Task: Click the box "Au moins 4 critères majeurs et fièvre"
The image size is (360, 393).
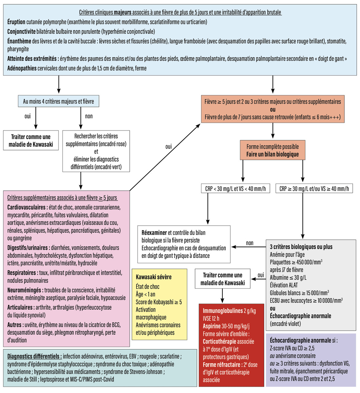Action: tap(59, 101)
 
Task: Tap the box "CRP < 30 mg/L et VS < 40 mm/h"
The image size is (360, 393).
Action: tap(236, 189)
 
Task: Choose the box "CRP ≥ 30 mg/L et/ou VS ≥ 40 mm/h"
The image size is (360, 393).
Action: tap(314, 189)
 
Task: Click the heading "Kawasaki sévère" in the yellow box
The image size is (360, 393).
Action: tap(154, 277)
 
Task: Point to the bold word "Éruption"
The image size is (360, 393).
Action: tap(16, 22)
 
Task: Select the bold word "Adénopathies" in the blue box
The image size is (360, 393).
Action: tap(22, 68)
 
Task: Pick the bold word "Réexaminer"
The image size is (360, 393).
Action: tap(154, 233)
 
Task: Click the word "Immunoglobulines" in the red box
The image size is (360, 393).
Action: tap(223, 311)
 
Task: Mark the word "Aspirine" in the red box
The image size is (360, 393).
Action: tap(212, 326)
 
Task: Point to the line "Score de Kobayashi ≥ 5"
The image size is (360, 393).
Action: tap(159, 302)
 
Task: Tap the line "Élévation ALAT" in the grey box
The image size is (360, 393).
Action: tap(284, 285)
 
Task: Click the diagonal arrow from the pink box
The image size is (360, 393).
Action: tap(166, 157)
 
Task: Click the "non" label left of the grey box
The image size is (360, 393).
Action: tap(250, 243)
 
